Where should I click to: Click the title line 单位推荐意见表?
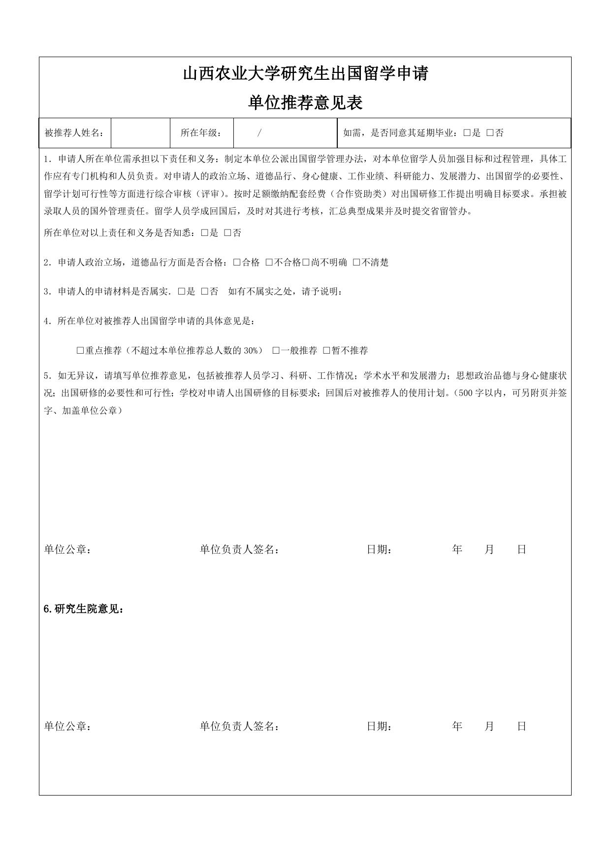click(305, 102)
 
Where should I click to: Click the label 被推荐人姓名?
click(74, 133)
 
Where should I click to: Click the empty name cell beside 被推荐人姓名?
click(140, 133)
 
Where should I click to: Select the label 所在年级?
click(201, 133)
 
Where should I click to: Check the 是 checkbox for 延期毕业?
click(467, 133)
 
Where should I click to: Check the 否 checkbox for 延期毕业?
click(489, 133)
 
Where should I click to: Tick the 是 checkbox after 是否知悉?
click(205, 233)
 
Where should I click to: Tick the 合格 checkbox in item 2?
click(237, 263)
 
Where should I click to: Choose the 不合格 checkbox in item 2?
click(269, 263)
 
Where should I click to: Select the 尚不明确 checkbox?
click(306, 263)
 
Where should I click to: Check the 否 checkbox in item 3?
click(205, 292)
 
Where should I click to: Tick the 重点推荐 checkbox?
click(80, 351)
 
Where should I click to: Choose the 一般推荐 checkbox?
click(276, 351)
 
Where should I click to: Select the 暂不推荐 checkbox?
click(326, 351)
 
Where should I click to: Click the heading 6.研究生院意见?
click(84, 609)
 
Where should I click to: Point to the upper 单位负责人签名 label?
click(240, 550)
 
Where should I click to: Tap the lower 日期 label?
click(379, 726)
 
